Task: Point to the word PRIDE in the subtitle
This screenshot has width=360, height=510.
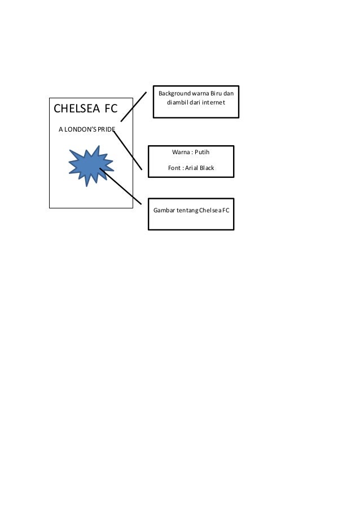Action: (106, 130)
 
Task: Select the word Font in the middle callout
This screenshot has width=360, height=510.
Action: (174, 168)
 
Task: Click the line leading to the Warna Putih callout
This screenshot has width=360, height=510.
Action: (128, 149)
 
